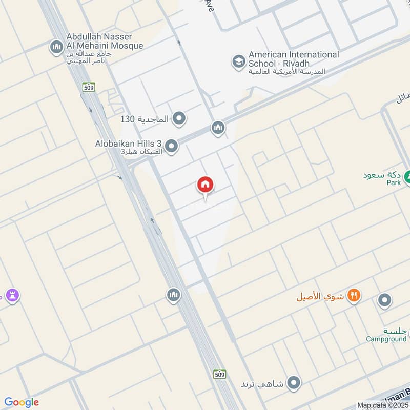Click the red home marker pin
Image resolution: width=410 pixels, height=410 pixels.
[x=206, y=186]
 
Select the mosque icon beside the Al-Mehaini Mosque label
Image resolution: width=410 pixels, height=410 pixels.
[x=56, y=48]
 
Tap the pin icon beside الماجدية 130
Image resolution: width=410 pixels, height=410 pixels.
[x=179, y=119]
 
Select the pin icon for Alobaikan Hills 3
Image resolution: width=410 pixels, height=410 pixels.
[x=172, y=147]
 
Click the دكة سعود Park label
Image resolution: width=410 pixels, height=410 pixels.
[x=382, y=177]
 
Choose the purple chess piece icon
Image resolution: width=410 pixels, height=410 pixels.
[x=13, y=295]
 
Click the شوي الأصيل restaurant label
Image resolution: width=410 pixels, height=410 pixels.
[x=320, y=296]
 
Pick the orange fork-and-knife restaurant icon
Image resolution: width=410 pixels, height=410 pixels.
[x=354, y=295]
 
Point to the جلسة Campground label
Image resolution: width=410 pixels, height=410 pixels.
[x=387, y=334]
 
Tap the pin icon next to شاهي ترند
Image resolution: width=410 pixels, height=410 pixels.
[x=294, y=382]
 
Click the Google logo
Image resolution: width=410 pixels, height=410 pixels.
[x=22, y=402]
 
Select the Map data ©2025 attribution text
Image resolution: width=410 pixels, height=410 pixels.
[x=383, y=405]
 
